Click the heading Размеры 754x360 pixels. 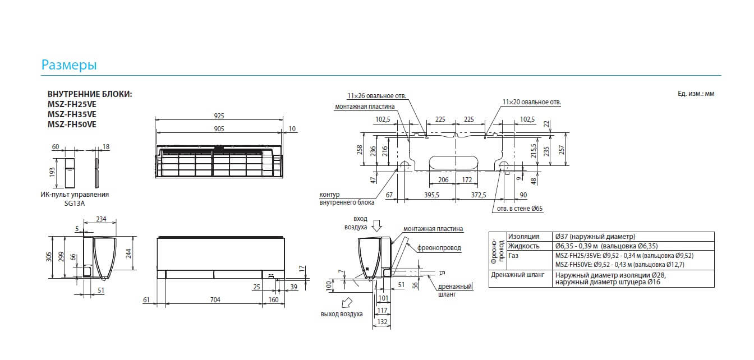pyautogui.click(x=69, y=64)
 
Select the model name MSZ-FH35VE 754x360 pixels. pyautogui.click(x=72, y=114)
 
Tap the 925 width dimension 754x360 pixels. pyautogui.click(x=219, y=116)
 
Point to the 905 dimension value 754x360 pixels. pyautogui.click(x=219, y=128)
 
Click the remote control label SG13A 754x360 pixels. pyautogui.click(x=75, y=203)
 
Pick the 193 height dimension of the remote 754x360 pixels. pyautogui.click(x=52, y=173)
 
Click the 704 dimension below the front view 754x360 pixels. pyautogui.click(x=215, y=299)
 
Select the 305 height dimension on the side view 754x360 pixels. pyautogui.click(x=49, y=257)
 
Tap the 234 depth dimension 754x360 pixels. pyautogui.click(x=101, y=219)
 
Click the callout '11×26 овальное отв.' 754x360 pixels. pyautogui.click(x=376, y=96)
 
